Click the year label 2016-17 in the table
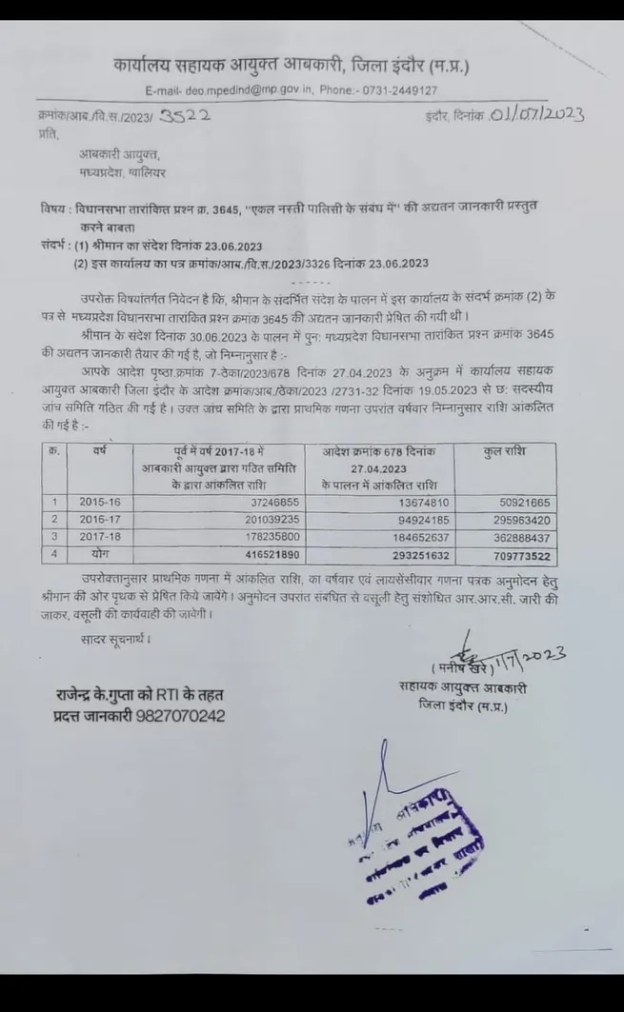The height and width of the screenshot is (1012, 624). point(97,519)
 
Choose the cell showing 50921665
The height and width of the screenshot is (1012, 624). point(516,502)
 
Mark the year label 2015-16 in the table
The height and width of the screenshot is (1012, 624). point(97,502)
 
